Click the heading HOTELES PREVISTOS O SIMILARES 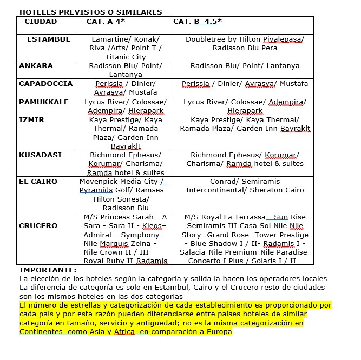90,12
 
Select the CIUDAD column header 41,21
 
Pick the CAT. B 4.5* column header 198,21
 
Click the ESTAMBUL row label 48,39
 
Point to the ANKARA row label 36,66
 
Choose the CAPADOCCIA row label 45,84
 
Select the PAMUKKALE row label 44,102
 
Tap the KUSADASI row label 40,155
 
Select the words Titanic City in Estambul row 126,57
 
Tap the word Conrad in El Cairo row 223,181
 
